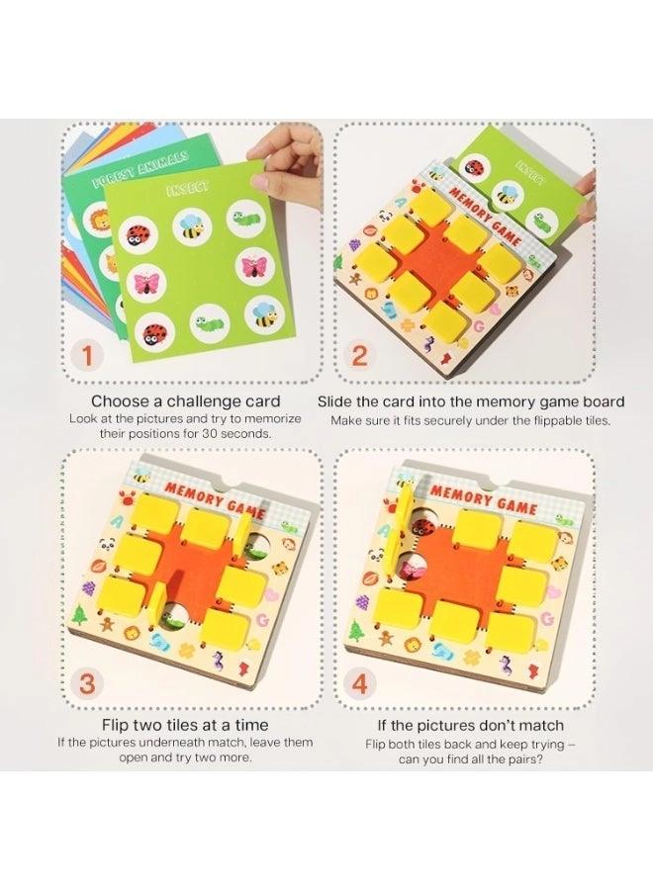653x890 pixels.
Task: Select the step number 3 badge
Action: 87,682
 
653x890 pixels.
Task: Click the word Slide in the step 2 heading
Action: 337,401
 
